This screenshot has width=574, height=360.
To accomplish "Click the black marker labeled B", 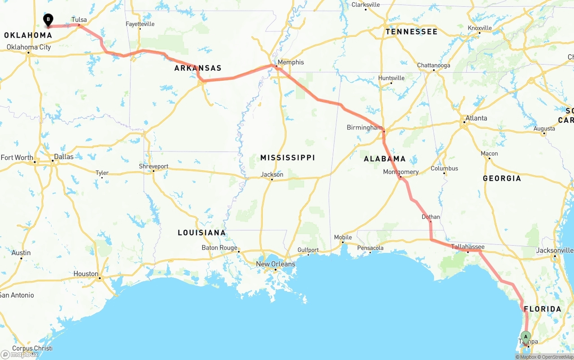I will pos(48,20).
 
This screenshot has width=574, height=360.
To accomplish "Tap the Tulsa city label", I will pos(79,20).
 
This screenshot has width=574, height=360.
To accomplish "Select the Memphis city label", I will pos(291,62).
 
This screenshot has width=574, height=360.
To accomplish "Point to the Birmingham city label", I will pos(364,128).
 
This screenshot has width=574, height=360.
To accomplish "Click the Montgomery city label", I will pos(401,172).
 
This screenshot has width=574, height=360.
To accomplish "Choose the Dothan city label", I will pos(431,217).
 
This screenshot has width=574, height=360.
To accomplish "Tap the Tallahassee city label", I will pos(467,247).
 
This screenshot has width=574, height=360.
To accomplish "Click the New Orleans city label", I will pos(275,264).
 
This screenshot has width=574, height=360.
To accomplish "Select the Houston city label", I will pos(86,274).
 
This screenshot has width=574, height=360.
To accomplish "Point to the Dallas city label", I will pos(63,157).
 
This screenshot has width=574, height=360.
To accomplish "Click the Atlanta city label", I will pos(476,118).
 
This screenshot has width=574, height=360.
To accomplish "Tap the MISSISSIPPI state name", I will pos(287,158).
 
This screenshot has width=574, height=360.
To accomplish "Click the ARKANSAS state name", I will pos(198,68).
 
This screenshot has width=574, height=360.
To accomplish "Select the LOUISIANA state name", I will pos(201,233).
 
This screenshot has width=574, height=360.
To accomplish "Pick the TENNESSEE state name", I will pos(411,32).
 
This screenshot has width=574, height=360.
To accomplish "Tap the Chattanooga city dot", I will pos(434,70).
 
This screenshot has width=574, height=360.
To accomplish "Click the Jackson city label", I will pos(272,174).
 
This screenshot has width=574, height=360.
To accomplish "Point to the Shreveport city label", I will pos(153,166).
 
